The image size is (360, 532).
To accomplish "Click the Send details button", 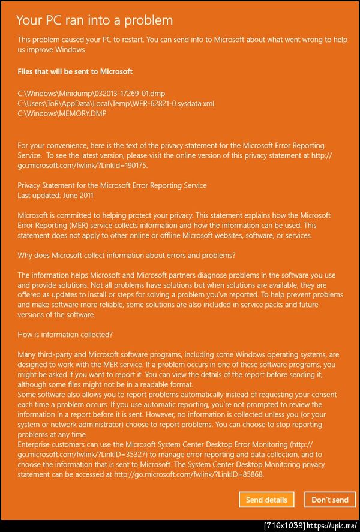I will click(266, 500).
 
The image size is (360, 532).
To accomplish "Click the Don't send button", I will click(329, 500).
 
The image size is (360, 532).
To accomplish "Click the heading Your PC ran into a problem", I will click(94, 20).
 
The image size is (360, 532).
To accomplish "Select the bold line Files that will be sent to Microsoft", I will click(75, 71).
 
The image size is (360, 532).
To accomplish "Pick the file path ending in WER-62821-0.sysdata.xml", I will click(116, 103).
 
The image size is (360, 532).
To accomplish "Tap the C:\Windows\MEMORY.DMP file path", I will click(62, 113).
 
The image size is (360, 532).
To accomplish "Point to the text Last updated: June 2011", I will click(55, 196).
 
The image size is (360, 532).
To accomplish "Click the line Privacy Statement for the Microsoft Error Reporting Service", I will click(112, 185).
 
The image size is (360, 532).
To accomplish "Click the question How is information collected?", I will click(65, 335).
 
